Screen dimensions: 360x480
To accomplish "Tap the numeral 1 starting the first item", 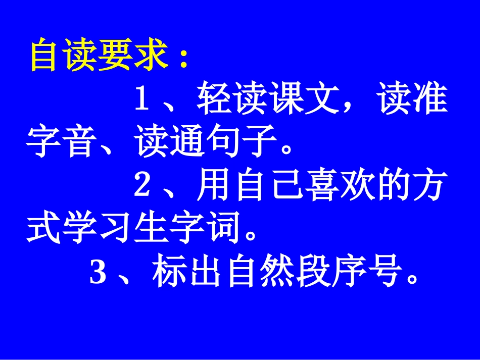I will click(143, 100).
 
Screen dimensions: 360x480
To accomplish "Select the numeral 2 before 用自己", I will click(143, 185).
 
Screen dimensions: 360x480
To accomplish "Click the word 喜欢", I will click(321, 185).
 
